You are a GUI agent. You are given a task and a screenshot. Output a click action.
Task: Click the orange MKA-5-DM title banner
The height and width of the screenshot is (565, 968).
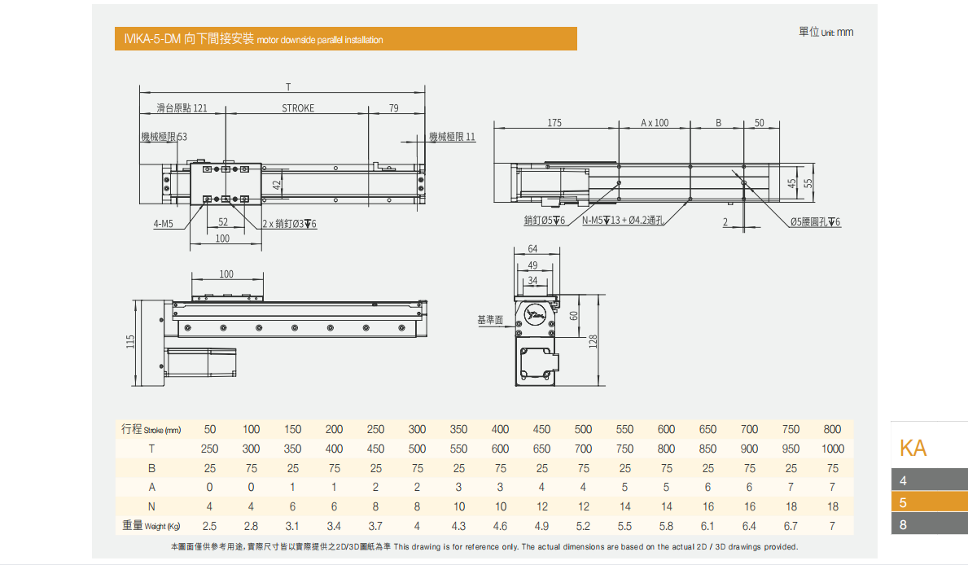[x=345, y=39]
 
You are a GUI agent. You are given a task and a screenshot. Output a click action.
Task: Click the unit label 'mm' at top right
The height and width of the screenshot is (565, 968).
[x=844, y=33]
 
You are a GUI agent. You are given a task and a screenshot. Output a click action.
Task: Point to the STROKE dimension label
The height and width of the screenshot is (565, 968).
[x=298, y=108]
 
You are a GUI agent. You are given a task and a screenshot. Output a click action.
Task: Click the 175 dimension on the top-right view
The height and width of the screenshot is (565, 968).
[x=554, y=123]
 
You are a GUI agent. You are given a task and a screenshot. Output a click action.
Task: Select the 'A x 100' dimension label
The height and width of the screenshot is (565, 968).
[x=654, y=123]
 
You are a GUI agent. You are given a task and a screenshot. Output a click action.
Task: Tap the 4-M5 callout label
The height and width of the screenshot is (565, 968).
[x=163, y=224]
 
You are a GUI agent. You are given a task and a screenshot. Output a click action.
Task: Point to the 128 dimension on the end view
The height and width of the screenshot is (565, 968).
[x=594, y=340]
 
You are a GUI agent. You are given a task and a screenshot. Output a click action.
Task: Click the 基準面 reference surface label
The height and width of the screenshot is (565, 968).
[x=490, y=321]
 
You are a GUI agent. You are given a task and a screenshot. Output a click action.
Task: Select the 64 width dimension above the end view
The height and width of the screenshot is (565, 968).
[x=532, y=249]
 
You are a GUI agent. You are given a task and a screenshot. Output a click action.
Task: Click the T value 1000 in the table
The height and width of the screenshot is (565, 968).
[x=832, y=449]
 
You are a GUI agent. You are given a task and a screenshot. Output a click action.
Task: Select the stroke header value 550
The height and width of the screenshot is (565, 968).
[x=624, y=429]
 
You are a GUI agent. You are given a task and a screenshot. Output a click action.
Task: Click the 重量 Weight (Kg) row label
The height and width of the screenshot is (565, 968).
[x=151, y=526]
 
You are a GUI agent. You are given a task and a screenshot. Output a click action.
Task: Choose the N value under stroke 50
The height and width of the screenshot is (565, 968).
[x=209, y=506]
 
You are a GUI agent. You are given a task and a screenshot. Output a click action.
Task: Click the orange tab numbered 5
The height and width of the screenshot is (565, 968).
[x=929, y=502]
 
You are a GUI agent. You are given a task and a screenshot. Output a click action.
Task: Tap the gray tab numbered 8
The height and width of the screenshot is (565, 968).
[x=929, y=525]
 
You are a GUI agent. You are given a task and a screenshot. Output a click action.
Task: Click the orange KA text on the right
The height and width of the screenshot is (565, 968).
[x=913, y=448]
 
